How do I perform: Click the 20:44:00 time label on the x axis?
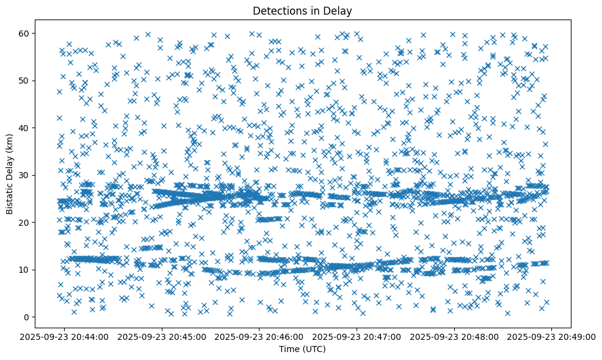point(65,336)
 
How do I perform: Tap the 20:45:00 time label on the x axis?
point(162,336)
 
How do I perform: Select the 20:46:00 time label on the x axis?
point(259,336)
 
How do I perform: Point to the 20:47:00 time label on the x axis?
point(357,336)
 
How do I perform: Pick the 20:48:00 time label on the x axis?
point(454,336)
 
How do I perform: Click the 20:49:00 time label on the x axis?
point(552,336)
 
